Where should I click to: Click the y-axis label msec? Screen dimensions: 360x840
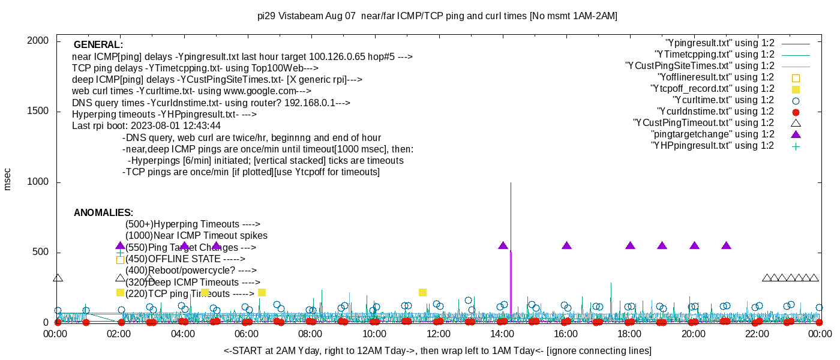(8, 179)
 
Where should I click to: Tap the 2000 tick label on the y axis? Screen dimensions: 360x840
(40, 41)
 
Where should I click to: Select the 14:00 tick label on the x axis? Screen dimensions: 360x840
(502, 333)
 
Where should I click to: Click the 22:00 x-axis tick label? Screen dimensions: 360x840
(757, 333)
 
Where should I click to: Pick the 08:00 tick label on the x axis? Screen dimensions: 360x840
(311, 333)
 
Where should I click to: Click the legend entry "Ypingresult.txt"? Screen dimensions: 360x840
(720, 43)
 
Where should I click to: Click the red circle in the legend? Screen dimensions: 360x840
(796, 112)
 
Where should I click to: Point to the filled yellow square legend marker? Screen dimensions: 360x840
(796, 89)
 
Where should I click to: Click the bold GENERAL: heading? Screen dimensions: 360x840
(98, 45)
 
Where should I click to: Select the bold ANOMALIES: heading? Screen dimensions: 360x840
(103, 213)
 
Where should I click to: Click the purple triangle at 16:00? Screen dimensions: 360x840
(566, 245)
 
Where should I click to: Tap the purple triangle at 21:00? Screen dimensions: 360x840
(726, 245)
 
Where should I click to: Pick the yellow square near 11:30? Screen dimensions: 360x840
(422, 292)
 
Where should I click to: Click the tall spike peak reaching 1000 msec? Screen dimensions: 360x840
(511, 184)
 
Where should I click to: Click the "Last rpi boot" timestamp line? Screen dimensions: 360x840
(146, 126)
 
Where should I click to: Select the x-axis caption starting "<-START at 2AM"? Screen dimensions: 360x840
(437, 350)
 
